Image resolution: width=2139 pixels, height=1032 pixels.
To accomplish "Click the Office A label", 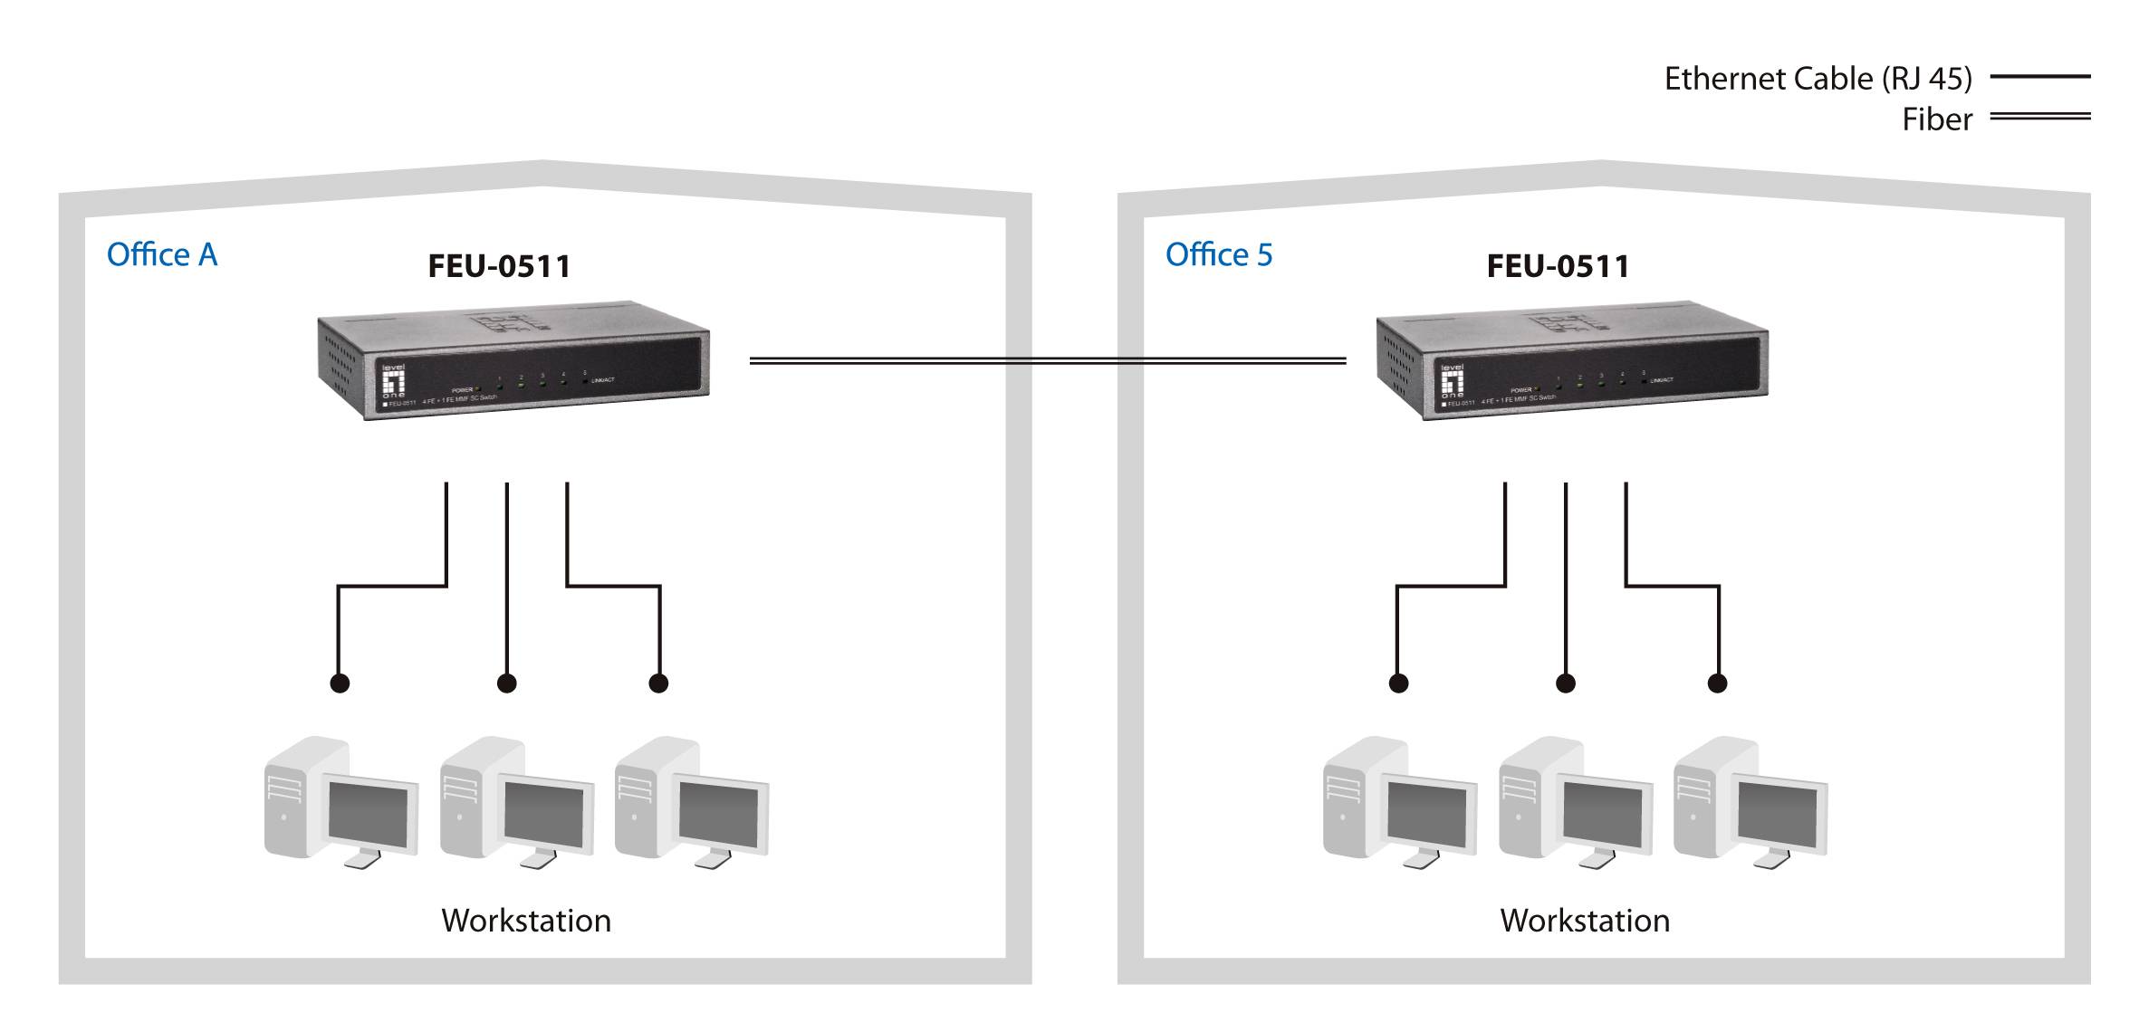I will (x=162, y=255).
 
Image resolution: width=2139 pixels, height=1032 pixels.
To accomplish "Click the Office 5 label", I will (x=1219, y=255).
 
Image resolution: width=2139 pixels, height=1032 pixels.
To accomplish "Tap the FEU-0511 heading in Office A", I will (x=499, y=266).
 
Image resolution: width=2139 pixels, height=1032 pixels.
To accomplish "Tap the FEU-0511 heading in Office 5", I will (x=1558, y=266).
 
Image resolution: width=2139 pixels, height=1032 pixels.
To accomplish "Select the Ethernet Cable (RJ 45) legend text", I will (x=1818, y=79).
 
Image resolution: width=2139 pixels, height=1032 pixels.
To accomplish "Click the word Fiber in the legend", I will (x=1936, y=119).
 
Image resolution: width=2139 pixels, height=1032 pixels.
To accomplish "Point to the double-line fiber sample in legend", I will (x=2039, y=117).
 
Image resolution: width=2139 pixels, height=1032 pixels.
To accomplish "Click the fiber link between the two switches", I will (x=1047, y=360).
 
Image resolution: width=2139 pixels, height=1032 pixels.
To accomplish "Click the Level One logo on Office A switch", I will (x=393, y=381).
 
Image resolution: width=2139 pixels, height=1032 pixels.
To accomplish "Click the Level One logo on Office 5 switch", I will (x=1452, y=381).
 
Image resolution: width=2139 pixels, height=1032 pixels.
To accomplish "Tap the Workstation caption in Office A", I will (x=526, y=921).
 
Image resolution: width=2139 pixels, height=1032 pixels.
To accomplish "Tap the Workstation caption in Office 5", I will (x=1585, y=921).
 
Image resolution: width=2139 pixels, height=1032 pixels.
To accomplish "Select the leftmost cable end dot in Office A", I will (x=340, y=683).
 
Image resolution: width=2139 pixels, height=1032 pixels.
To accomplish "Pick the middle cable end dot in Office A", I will (x=507, y=683).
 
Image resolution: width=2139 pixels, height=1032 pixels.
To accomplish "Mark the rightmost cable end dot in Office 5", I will (x=1717, y=683).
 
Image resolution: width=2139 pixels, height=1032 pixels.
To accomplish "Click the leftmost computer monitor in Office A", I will (x=369, y=816).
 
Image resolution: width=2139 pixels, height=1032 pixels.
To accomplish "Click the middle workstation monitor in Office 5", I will (x=1603, y=816).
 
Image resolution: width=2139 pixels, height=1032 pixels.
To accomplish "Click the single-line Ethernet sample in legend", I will (x=2039, y=77).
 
